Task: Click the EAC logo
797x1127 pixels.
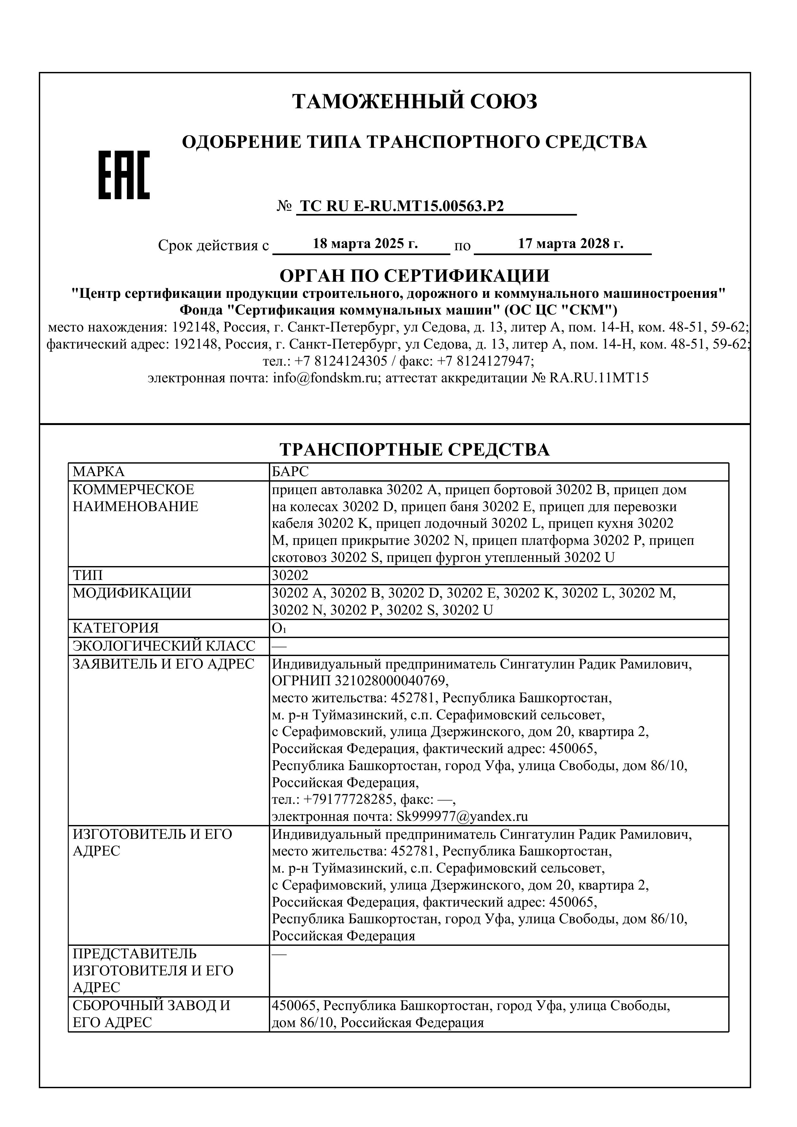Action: point(124,175)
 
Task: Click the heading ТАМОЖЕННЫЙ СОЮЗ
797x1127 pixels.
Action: point(415,102)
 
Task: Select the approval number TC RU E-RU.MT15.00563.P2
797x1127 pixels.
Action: point(402,206)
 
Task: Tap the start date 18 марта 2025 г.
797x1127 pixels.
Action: point(365,244)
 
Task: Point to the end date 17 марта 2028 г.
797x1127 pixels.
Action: point(571,244)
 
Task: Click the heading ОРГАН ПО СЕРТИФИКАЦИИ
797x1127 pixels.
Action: point(415,276)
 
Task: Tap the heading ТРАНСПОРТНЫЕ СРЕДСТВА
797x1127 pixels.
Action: point(415,450)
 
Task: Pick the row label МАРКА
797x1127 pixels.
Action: point(99,472)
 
